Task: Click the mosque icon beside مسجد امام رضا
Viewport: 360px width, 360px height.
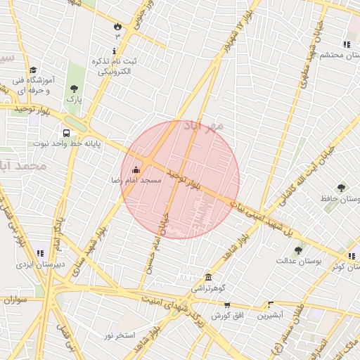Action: point(136,168)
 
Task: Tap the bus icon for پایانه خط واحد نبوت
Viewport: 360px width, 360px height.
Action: point(66,133)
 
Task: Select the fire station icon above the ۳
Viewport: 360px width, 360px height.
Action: point(117,26)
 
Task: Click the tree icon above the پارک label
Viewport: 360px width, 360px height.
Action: point(74,89)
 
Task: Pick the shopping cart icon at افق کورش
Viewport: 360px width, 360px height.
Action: point(226,304)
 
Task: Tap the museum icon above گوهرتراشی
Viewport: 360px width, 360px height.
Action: point(208,277)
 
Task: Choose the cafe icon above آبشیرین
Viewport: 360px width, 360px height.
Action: point(270,304)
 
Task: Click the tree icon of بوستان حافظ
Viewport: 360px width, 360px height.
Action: point(341,188)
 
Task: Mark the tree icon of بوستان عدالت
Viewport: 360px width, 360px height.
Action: point(298,250)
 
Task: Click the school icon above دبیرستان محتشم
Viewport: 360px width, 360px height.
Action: point(347,44)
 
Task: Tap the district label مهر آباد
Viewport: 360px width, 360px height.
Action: point(203,126)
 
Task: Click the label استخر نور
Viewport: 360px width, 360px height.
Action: point(120,335)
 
